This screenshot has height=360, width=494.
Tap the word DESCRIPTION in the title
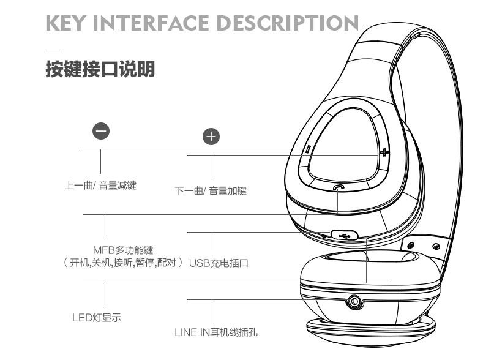pyautogui.click(x=293, y=24)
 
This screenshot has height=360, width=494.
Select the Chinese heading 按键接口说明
pyautogui.click(x=100, y=69)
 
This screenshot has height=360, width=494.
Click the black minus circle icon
pyautogui.click(x=101, y=130)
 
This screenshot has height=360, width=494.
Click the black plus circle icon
pyautogui.click(x=211, y=137)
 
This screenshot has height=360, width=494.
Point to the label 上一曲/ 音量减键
pyautogui.click(x=100, y=186)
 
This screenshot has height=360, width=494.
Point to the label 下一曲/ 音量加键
pyautogui.click(x=211, y=191)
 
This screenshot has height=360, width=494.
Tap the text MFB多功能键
pyautogui.click(x=122, y=250)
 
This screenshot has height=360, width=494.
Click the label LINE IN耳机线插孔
pyautogui.click(x=216, y=332)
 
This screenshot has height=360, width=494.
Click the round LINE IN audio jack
pyautogui.click(x=354, y=301)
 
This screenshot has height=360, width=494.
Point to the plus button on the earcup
pyautogui.click(x=384, y=152)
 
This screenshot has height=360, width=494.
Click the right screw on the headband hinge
pyautogui.click(x=436, y=246)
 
